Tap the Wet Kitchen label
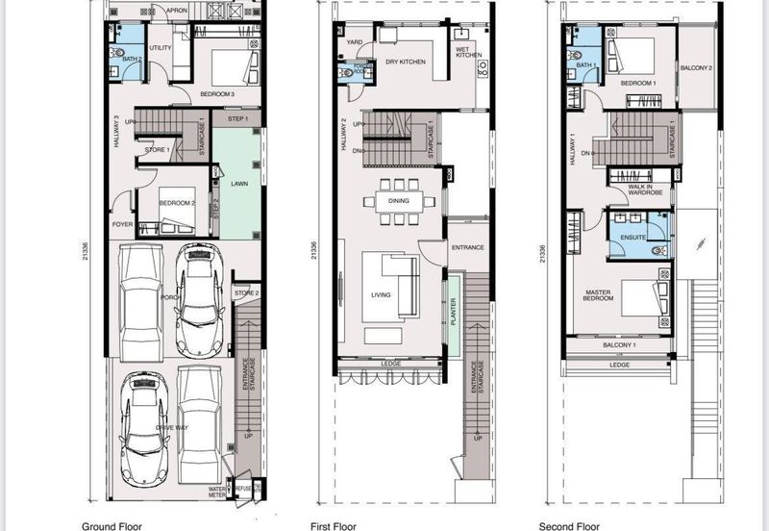click(462, 52)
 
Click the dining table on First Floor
click(398, 201)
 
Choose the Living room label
click(381, 294)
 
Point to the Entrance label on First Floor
click(467, 247)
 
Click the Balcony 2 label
click(697, 68)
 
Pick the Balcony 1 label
click(620, 344)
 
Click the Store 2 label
click(246, 292)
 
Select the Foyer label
click(122, 224)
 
